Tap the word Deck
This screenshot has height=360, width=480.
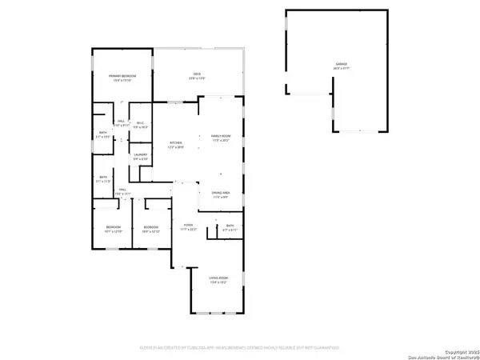[196, 74]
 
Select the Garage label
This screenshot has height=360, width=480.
[341, 64]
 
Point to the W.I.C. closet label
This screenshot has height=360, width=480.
[139, 123]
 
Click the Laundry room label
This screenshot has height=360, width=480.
[140, 155]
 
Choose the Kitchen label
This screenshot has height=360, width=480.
[175, 144]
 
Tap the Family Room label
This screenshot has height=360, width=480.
[220, 138]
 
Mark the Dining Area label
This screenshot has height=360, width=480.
[222, 193]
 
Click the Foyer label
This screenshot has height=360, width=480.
[188, 226]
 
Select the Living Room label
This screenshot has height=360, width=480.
[218, 278]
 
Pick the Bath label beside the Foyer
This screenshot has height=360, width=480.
[230, 226]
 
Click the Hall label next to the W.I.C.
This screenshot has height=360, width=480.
[121, 122]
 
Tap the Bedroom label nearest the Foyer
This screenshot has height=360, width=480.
[151, 227]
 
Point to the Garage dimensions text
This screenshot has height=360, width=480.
[341, 69]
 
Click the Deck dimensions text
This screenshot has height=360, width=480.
[196, 78]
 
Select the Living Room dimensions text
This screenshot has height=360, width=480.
[218, 283]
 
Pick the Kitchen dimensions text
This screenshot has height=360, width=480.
[175, 149]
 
